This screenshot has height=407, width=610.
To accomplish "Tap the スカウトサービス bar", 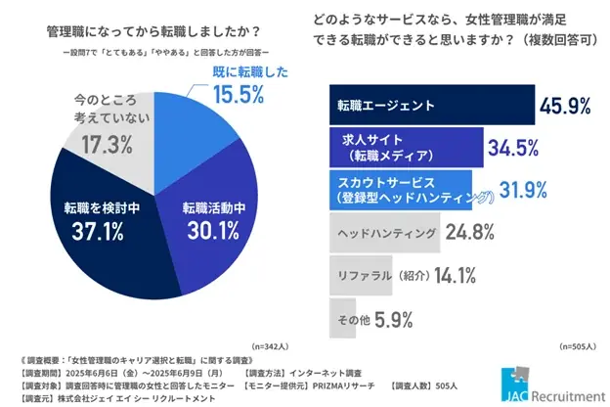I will click(x=396, y=190).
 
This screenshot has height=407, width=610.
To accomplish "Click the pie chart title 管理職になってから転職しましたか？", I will click(x=148, y=30).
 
